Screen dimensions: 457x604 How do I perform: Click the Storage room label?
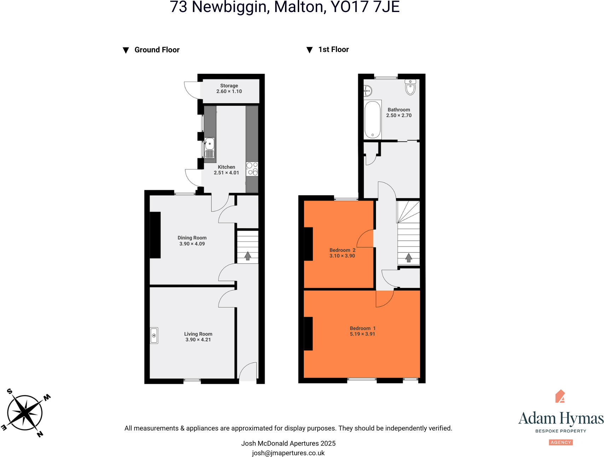[x=229, y=86]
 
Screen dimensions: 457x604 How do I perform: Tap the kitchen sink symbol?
[x=209, y=144]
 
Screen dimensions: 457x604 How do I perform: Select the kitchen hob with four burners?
[x=252, y=169]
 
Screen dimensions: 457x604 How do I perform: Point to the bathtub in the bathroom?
[x=372, y=120]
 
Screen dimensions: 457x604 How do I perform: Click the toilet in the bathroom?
[x=410, y=87]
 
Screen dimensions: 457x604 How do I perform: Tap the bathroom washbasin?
[x=367, y=91]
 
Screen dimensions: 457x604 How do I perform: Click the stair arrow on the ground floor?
[x=248, y=256]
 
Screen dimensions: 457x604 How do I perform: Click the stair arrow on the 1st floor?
[x=408, y=258]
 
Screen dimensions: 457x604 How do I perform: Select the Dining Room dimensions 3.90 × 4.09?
[x=192, y=244]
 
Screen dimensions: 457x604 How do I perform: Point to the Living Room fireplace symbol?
[x=154, y=335]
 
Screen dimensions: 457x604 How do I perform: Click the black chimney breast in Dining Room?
[x=155, y=235]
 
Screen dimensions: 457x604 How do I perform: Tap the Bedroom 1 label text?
[x=362, y=328]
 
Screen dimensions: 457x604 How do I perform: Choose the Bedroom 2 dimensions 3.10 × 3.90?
[x=342, y=256]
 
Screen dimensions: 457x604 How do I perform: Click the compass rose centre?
[x=25, y=413]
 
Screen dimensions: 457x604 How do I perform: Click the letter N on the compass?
[x=40, y=434]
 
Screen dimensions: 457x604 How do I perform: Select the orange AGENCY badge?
[x=561, y=442]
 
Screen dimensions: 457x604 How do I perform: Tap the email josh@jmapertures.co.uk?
[x=288, y=453]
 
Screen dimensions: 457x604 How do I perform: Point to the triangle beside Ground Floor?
[x=126, y=50]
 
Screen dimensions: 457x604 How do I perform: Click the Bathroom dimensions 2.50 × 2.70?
[x=399, y=115]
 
